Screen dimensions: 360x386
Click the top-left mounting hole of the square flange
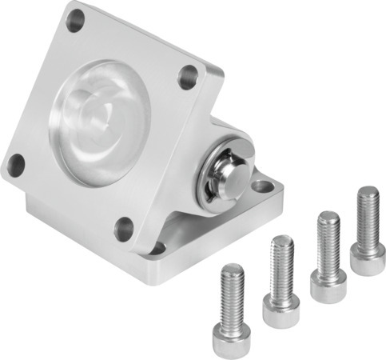point(74,21)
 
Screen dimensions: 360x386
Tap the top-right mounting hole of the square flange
point(188,77)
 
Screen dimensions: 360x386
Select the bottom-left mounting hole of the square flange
point(15,165)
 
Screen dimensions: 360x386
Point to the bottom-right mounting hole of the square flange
point(125,228)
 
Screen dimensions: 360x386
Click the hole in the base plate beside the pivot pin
point(261,187)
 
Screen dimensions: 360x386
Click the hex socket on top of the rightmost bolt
point(368,192)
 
